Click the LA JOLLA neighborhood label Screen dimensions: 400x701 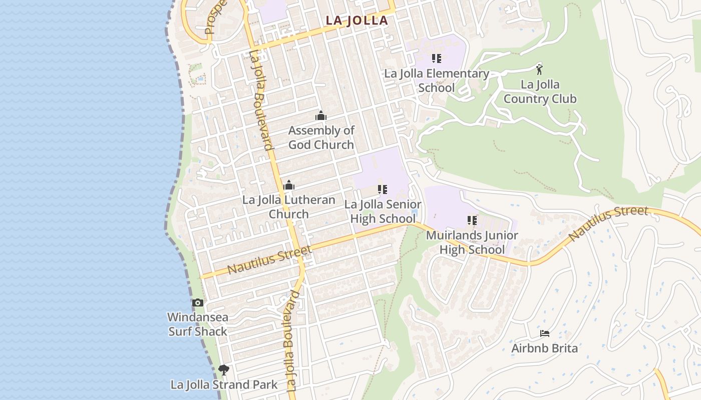[357, 20]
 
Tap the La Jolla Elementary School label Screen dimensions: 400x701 [437, 80]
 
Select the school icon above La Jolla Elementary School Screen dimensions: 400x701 [437, 58]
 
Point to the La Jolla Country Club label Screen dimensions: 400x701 [540, 91]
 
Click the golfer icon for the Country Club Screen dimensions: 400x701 [539, 69]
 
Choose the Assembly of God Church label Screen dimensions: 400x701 [321, 137]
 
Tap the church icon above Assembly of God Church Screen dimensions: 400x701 [321, 116]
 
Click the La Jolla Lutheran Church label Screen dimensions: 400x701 [288, 207]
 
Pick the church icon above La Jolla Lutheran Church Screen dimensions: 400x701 [288, 185]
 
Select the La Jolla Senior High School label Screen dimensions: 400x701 [383, 211]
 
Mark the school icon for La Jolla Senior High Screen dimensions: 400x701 [383, 189]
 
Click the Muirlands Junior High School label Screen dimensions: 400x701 [472, 242]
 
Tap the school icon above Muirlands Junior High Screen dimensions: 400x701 [472, 220]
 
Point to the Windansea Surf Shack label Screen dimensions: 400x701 [197, 324]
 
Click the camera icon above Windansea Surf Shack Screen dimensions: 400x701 [198, 302]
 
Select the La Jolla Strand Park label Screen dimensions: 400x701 [224, 384]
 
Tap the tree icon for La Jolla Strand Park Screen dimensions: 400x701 [224, 370]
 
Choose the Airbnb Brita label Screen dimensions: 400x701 [544, 348]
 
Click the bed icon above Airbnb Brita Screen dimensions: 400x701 [545, 333]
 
